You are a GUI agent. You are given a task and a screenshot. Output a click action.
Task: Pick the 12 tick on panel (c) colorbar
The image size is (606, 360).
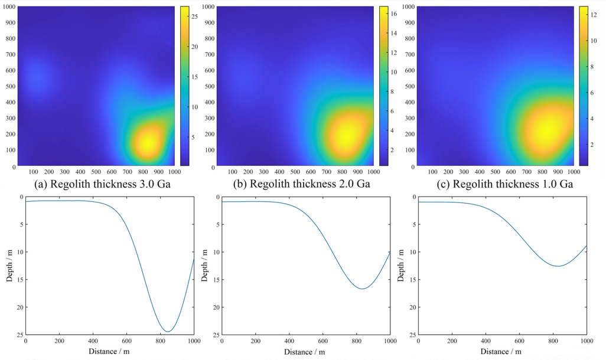[x=592, y=14]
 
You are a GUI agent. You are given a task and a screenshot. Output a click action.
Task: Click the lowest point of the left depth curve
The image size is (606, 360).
[x=168, y=331]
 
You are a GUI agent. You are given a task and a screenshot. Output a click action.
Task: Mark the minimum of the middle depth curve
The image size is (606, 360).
[x=362, y=289]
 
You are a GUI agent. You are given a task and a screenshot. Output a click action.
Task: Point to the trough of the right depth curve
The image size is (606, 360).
[x=558, y=266]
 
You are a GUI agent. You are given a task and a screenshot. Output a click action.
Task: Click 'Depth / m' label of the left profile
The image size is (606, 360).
[x=9, y=266]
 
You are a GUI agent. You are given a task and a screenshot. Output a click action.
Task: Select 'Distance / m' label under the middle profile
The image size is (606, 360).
[x=305, y=352]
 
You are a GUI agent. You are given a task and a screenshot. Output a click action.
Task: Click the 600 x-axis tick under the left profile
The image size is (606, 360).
[x=126, y=341]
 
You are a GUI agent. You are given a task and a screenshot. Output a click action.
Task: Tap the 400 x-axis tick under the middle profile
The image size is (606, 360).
[x=289, y=341]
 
